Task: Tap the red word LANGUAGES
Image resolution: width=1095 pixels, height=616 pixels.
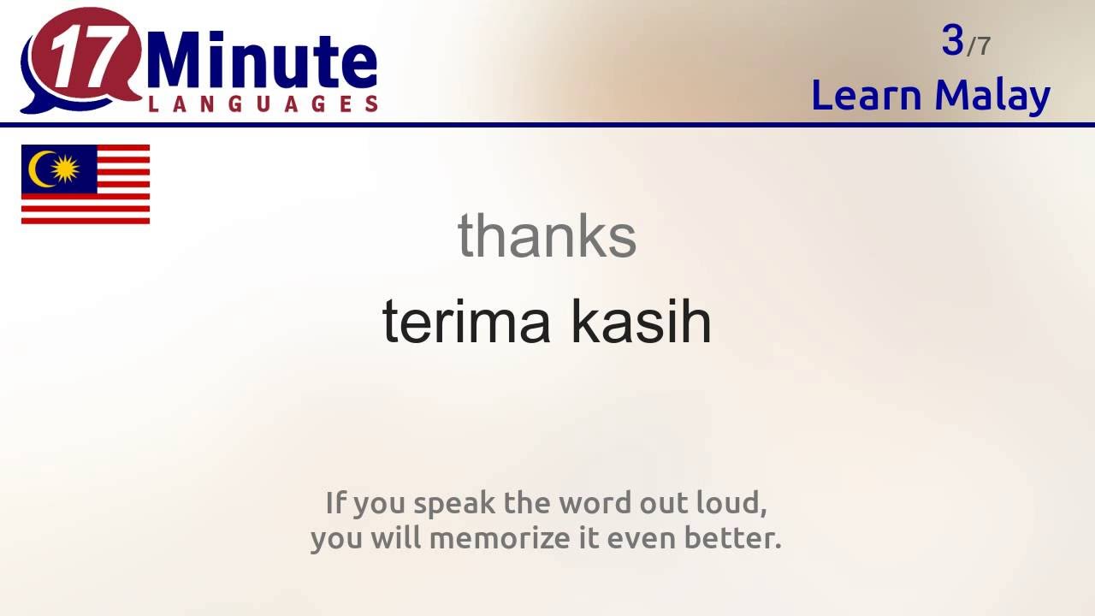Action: coord(263,104)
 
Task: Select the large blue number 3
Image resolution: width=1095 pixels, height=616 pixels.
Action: coord(952,40)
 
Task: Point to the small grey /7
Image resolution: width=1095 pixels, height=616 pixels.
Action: coord(979,46)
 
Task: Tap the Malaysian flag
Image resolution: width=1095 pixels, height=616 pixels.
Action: coord(86,185)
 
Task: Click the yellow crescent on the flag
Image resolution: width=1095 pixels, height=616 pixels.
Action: coord(38,169)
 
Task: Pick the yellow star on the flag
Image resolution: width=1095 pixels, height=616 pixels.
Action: coord(65,169)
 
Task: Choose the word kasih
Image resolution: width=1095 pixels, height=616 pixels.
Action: coord(641,322)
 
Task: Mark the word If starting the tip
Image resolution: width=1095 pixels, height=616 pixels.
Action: coord(334,503)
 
